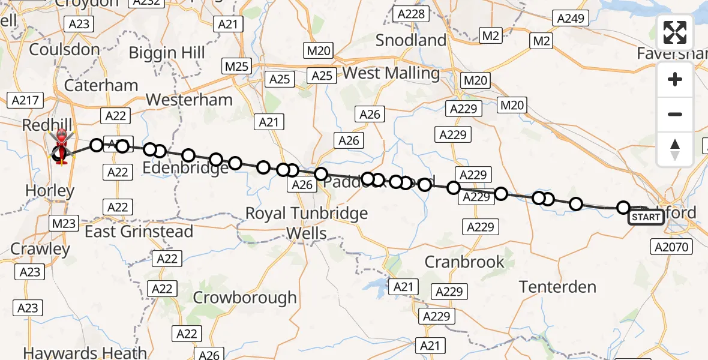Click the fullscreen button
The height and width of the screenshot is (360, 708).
click(x=675, y=32)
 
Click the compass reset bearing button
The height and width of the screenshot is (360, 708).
click(x=675, y=149)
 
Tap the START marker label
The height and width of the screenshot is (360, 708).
click(x=646, y=217)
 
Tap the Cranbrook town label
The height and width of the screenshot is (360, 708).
click(x=464, y=262)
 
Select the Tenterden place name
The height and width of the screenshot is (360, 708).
click(x=557, y=287)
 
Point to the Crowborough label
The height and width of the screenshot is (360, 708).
click(x=245, y=297)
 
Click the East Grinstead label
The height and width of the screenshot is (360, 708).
click(x=139, y=232)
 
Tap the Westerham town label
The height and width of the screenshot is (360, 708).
click(x=189, y=99)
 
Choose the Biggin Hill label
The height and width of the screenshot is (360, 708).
click(x=167, y=53)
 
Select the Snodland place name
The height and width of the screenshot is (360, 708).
click(x=411, y=40)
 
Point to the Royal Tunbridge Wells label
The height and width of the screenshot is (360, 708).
click(x=307, y=223)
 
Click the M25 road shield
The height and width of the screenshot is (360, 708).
click(x=236, y=66)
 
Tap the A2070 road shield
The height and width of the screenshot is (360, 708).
click(x=671, y=245)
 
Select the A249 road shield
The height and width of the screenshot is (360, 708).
click(x=570, y=18)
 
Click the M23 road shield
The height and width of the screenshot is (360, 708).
click(x=63, y=224)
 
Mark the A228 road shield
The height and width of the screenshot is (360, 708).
click(x=410, y=14)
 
